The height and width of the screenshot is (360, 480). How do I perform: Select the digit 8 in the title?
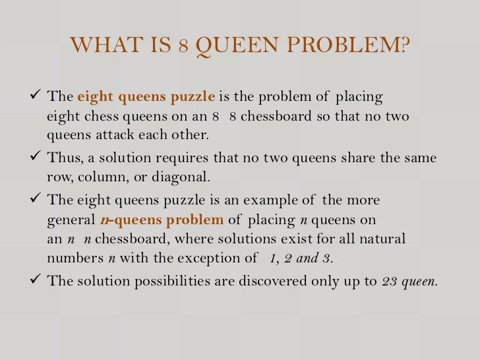183,47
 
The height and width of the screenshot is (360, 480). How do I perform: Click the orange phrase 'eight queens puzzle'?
146,98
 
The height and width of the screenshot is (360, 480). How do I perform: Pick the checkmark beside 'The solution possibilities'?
37,280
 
